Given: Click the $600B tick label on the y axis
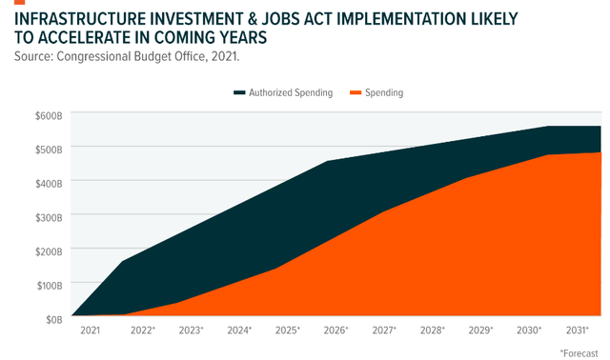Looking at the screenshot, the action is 49,116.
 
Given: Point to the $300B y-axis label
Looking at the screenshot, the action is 49,218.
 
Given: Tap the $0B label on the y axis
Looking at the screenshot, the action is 54,320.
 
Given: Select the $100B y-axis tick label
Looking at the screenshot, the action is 50,286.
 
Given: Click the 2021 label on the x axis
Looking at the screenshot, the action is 91,330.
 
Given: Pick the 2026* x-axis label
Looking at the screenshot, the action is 336,330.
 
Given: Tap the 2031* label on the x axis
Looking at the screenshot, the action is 578,330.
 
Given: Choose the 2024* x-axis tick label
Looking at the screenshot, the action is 239,330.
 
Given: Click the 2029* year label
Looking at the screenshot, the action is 480,330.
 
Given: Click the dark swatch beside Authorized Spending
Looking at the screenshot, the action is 239,92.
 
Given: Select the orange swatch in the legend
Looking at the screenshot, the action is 356,92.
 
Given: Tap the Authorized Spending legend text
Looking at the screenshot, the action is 291,92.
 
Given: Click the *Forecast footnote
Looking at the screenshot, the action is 579,353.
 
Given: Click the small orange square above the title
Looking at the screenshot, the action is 19,2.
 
